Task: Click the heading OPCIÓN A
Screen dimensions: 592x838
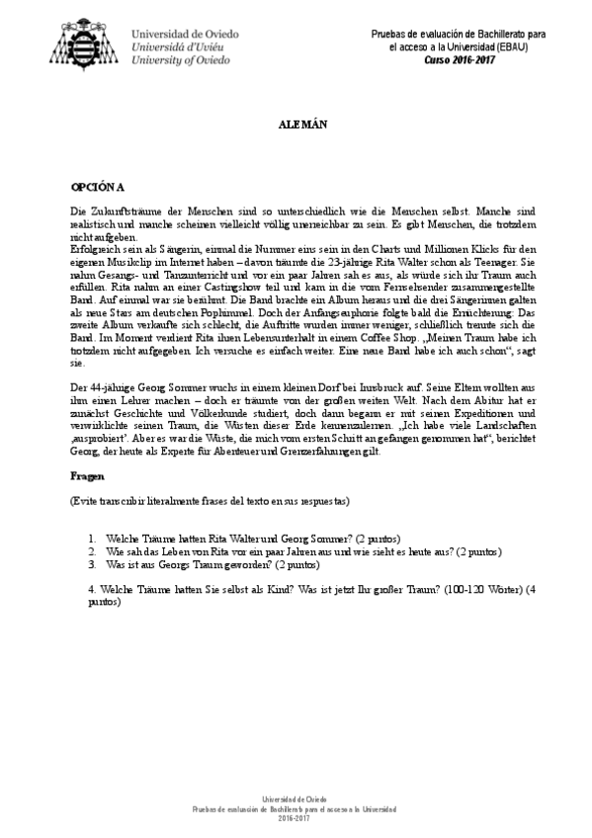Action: [x=98, y=186]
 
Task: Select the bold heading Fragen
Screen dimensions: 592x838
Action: [x=86, y=475]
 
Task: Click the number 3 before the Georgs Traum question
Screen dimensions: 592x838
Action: [x=91, y=564]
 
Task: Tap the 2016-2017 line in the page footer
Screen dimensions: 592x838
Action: [x=296, y=818]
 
